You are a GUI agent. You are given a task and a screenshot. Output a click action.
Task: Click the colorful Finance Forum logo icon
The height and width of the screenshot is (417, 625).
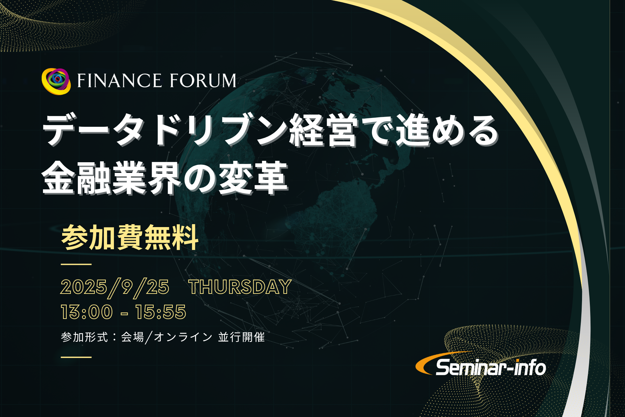[x=56, y=81]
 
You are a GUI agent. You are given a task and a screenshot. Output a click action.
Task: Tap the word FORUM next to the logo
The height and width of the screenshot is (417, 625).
[x=203, y=81]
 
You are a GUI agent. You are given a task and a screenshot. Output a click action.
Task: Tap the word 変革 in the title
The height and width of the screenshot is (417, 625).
[x=253, y=178]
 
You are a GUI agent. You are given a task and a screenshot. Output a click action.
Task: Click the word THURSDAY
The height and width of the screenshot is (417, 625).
[x=240, y=287]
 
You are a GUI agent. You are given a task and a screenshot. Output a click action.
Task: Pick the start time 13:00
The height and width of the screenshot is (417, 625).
[x=87, y=312]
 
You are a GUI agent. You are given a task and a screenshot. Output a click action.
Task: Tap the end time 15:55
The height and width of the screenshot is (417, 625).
[x=161, y=312]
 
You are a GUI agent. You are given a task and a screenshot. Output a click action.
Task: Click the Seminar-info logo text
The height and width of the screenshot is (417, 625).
[x=491, y=367]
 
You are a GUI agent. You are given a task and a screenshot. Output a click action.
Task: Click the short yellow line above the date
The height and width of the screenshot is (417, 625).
[x=76, y=264]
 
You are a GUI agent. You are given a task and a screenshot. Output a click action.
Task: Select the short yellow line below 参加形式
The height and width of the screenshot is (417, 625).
[x=76, y=357]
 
